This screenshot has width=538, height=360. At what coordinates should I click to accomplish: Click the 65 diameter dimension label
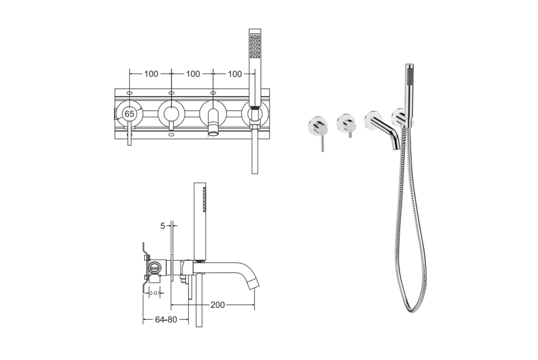pos(129,114)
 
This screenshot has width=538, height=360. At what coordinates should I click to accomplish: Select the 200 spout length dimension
pos(218,305)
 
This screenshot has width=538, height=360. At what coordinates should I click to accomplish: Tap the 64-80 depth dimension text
pos(166,320)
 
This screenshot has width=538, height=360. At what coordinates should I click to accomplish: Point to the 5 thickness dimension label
pos(163,226)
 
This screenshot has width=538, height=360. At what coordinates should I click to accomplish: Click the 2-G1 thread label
pos(154,293)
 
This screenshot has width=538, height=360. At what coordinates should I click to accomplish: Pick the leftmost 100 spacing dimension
pos(151,74)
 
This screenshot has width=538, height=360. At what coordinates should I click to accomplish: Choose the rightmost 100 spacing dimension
pos(235,74)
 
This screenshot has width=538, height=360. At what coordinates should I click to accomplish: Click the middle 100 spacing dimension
pos(193,74)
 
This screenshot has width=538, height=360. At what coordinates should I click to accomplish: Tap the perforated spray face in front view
pos(255,46)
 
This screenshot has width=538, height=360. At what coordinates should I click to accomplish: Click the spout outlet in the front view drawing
pos(213,130)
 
